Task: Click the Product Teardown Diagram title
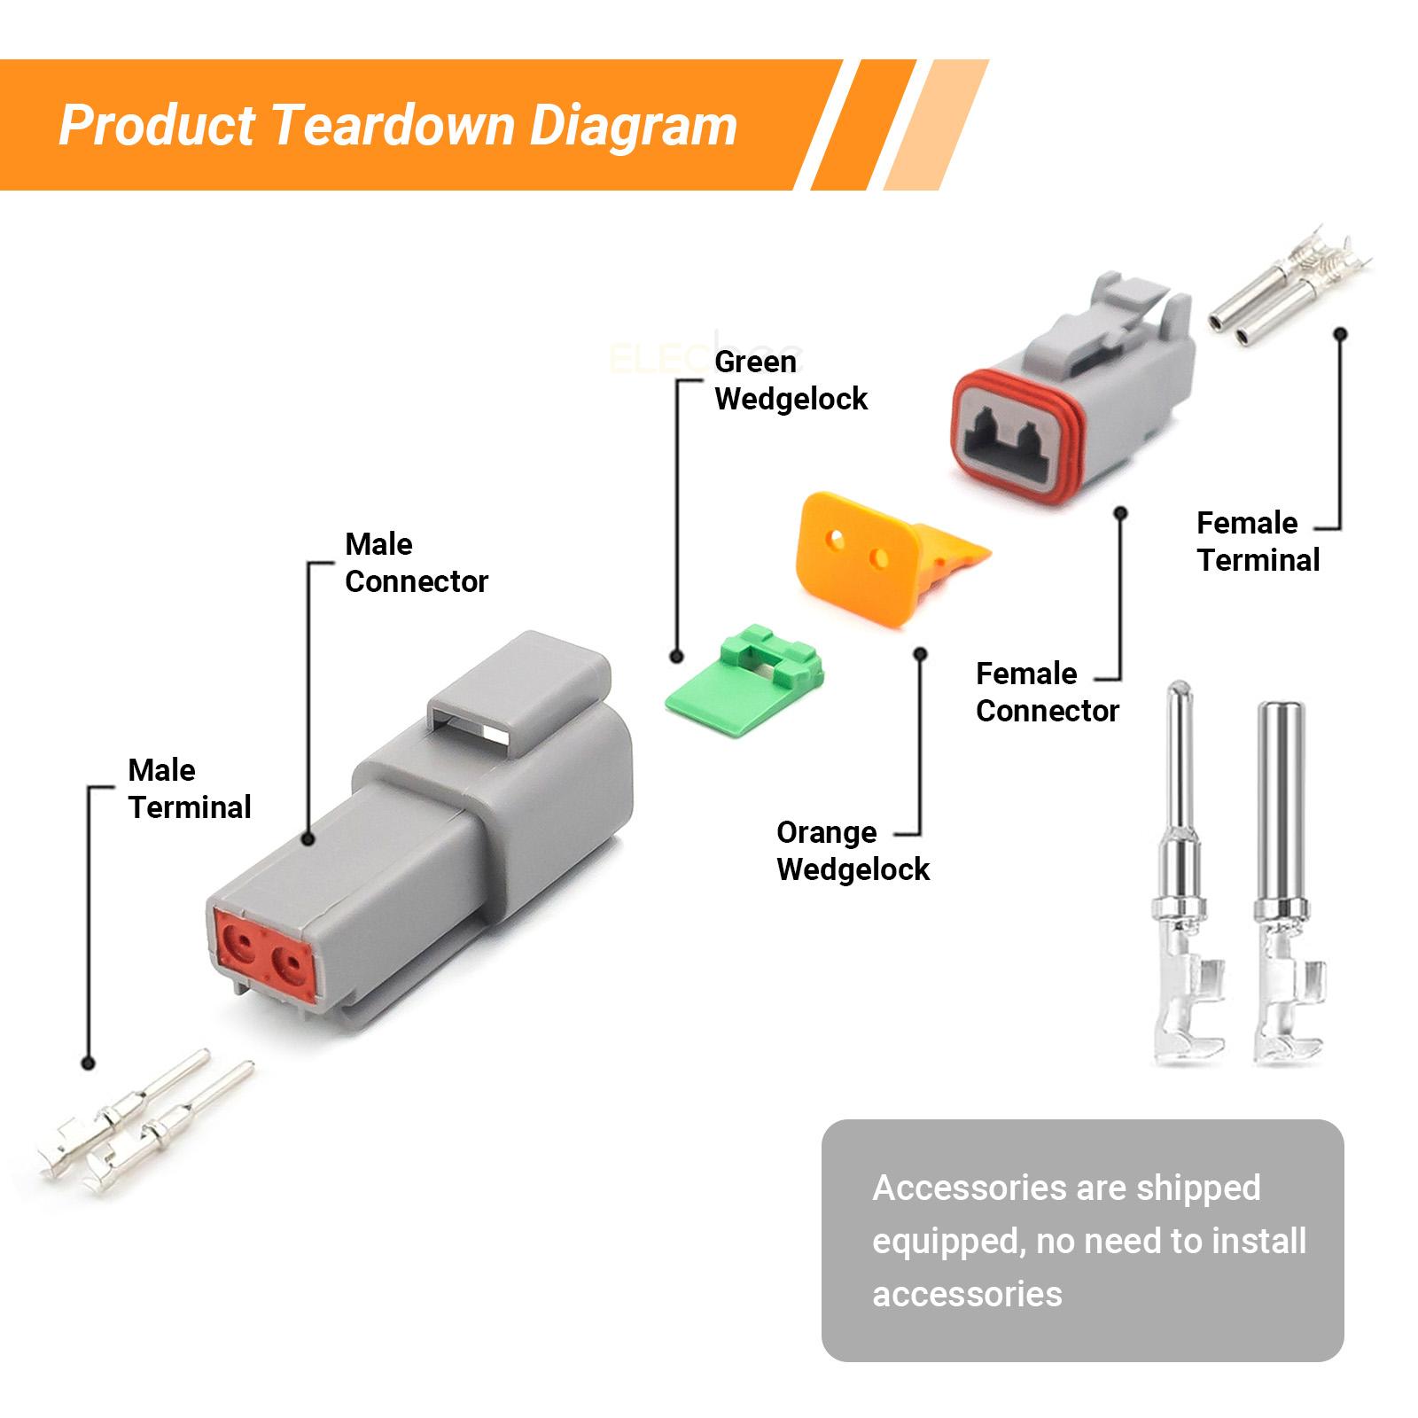coord(398,125)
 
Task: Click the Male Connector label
coord(416,563)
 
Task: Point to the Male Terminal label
coord(190,789)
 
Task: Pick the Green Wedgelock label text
coord(791,380)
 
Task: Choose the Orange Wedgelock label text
coord(853,851)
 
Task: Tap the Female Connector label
coord(1048,692)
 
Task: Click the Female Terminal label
coord(1258,541)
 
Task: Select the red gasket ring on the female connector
coord(1019,439)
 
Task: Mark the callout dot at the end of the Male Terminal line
coord(87,1063)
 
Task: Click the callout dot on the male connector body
coord(308,838)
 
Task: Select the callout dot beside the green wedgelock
coord(676,657)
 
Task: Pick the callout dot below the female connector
coord(1120,512)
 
